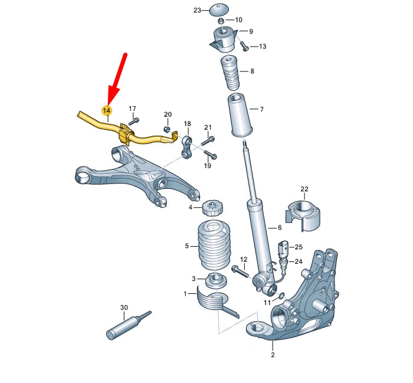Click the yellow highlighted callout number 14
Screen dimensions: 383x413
tap(107, 110)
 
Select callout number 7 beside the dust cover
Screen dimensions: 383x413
tap(262, 109)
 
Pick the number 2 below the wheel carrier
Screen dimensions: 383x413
tap(273, 355)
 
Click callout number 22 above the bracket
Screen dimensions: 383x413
tap(304, 189)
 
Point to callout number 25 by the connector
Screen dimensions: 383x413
tap(299, 247)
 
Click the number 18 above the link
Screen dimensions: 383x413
tap(188, 124)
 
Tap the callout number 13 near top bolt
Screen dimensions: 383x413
tap(262, 46)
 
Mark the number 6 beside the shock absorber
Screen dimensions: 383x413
tap(280, 227)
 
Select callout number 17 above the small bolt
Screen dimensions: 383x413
tap(133, 109)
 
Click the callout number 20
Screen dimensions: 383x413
tap(168, 114)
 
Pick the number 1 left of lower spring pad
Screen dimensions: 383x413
tap(185, 293)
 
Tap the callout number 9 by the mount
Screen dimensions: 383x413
tap(250, 31)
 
